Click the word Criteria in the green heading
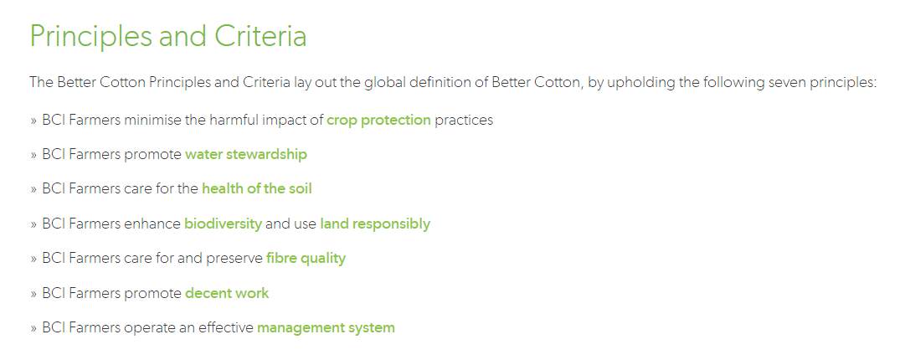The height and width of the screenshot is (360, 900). [x=260, y=36]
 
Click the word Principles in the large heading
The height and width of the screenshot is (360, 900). [x=90, y=38]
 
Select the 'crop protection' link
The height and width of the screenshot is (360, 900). [x=378, y=121]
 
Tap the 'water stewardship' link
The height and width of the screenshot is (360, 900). [x=245, y=154]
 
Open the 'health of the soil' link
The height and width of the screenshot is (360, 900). [x=256, y=188]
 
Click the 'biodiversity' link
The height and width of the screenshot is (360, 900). [x=223, y=224]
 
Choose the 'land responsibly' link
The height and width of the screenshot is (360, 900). [x=375, y=224]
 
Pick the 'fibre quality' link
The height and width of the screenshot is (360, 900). [x=306, y=259]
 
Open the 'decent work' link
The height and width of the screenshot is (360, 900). [x=227, y=293]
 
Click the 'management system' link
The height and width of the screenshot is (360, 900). [x=326, y=328]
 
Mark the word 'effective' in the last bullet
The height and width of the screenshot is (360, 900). [x=226, y=327]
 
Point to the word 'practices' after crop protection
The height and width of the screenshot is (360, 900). [x=464, y=121]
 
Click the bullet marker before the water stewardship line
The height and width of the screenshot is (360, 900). [x=33, y=155]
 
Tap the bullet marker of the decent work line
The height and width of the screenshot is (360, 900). [x=33, y=294]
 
